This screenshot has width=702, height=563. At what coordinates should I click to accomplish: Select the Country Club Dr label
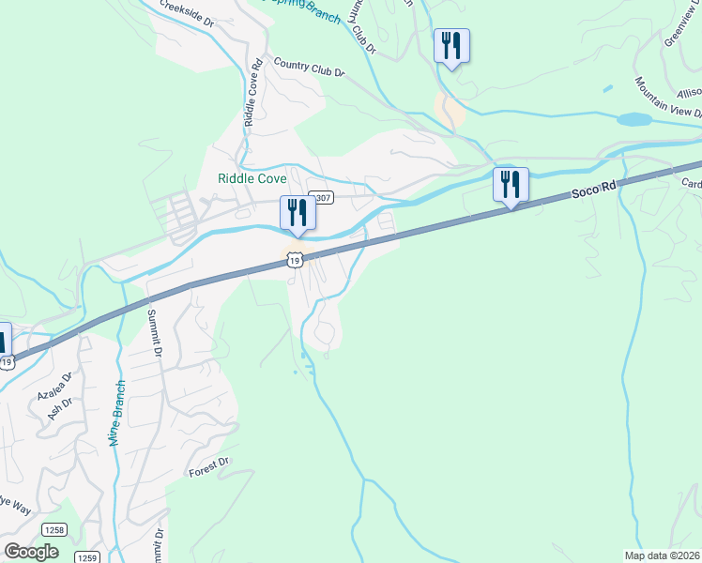309,67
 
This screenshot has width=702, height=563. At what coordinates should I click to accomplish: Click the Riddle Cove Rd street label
252,94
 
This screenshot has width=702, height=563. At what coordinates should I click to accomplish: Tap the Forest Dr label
208,464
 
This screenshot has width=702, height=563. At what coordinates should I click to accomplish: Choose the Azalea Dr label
54,386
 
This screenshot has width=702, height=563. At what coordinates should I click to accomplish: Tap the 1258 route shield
54,530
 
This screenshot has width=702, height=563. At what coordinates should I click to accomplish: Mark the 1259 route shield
87,556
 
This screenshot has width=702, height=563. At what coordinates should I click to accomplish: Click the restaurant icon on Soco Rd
511,184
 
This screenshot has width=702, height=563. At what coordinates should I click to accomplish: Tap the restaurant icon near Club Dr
451,45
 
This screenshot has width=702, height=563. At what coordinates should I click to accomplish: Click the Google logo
31,551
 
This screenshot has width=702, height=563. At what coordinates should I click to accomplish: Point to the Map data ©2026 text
663,555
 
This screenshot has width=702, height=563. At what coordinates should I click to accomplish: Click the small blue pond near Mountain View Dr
634,120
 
